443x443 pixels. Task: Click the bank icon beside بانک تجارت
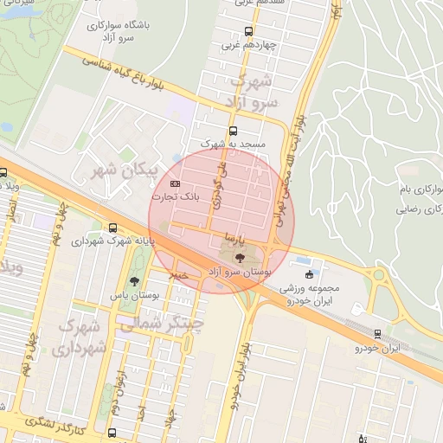(176, 184)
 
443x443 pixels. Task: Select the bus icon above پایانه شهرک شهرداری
(113, 228)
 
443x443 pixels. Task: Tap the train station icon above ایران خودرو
(378, 333)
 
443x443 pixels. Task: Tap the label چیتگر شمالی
(171, 324)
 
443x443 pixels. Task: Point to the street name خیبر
(177, 274)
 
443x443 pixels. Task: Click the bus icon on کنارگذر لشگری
(112, 432)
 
